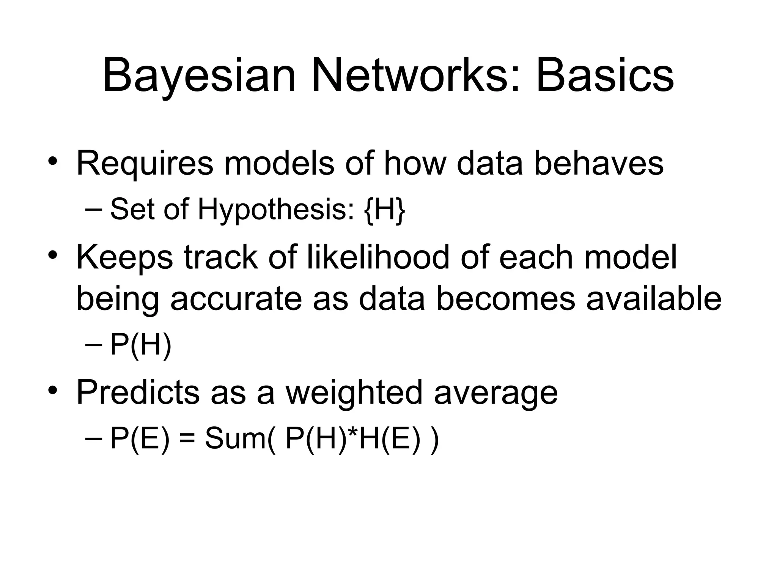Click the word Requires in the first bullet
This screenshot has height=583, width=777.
pyautogui.click(x=145, y=164)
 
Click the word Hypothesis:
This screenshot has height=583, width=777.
pyautogui.click(x=277, y=210)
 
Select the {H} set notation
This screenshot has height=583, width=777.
pyautogui.click(x=384, y=210)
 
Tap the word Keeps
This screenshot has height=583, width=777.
pyautogui.click(x=125, y=258)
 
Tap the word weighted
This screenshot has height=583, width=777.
pyautogui.click(x=354, y=393)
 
